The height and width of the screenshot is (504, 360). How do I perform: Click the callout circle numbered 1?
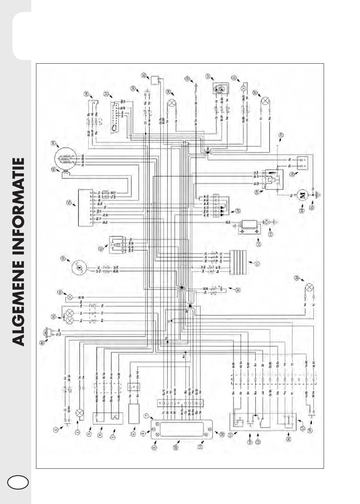(56, 429)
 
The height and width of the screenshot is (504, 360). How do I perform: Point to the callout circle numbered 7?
(147, 416)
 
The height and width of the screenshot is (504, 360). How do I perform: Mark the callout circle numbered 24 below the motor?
(302, 210)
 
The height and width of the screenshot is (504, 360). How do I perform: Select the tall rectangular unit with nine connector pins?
(84, 208)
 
